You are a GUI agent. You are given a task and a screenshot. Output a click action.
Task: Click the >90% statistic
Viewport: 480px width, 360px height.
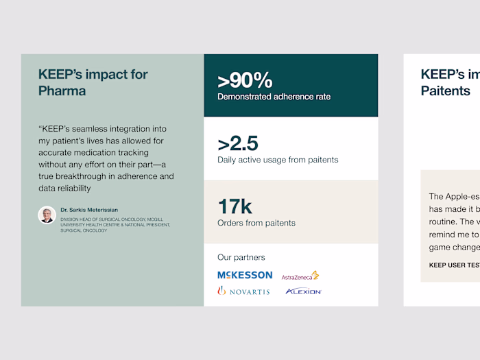point(245,80)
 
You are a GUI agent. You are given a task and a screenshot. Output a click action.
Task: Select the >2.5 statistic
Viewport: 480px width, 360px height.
point(238,144)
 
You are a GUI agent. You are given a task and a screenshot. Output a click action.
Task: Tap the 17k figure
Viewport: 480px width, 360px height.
point(235,206)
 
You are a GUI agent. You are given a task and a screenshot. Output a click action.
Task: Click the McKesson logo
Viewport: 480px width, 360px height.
point(245,275)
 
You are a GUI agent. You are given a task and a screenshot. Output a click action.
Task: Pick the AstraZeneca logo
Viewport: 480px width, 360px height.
point(300,276)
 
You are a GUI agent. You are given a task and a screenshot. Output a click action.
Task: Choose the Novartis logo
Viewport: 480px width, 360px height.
point(243,291)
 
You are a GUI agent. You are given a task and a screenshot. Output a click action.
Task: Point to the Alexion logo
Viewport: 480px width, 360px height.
point(304,291)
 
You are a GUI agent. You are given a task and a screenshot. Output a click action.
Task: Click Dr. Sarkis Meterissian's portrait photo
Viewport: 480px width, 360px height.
point(47,215)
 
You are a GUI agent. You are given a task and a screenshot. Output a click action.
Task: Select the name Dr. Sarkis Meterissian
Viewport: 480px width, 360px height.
point(89,210)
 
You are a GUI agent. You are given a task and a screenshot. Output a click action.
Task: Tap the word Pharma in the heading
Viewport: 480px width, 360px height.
point(62,91)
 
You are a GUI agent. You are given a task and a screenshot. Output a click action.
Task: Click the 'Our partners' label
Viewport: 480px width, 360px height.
point(241,257)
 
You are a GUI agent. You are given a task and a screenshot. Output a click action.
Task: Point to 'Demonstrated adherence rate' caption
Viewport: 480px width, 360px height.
point(274,97)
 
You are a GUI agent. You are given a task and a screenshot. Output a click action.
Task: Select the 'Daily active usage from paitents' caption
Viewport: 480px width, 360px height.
point(278,160)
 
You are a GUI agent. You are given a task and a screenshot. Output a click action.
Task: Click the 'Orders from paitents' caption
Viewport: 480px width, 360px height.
point(256,223)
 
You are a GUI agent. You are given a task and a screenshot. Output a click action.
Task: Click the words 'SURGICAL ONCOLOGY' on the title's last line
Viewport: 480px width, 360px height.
point(84,230)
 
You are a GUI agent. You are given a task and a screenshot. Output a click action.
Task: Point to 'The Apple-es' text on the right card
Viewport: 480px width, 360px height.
point(453,197)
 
